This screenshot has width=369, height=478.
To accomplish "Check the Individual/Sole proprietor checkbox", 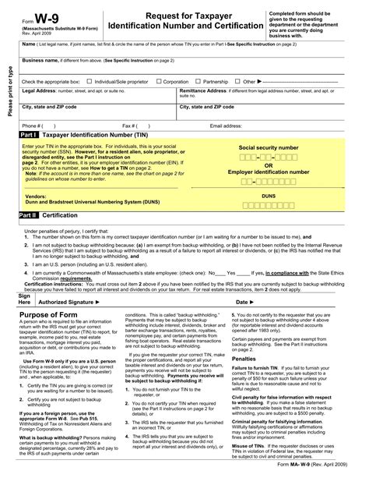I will click(90, 80).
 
